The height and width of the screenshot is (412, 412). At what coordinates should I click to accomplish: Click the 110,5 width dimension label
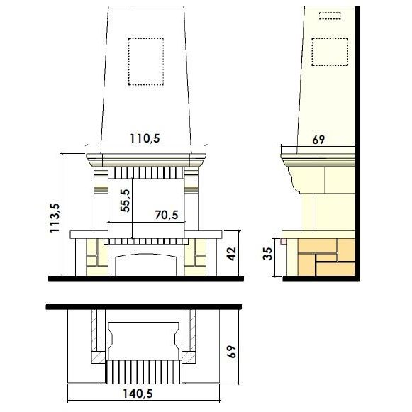click(145, 138)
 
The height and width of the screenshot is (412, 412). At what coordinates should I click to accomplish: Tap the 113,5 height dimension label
click(55, 218)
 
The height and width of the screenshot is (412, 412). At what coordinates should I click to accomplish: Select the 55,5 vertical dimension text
click(125, 200)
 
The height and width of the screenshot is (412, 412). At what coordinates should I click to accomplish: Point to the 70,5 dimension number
click(167, 215)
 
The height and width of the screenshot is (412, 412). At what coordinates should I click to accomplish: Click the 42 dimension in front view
click(231, 254)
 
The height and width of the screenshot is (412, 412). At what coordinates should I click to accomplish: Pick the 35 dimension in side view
click(268, 254)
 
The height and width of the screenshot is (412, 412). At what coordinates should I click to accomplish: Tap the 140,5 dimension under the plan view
click(138, 394)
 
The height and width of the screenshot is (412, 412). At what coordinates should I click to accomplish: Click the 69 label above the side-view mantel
click(318, 140)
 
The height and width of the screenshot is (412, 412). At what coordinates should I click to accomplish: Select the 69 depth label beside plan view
click(231, 352)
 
